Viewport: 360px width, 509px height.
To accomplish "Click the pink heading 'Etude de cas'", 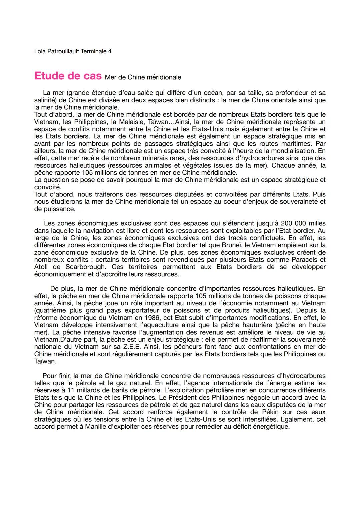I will click(68, 76).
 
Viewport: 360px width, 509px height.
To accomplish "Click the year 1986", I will click(133, 318).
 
